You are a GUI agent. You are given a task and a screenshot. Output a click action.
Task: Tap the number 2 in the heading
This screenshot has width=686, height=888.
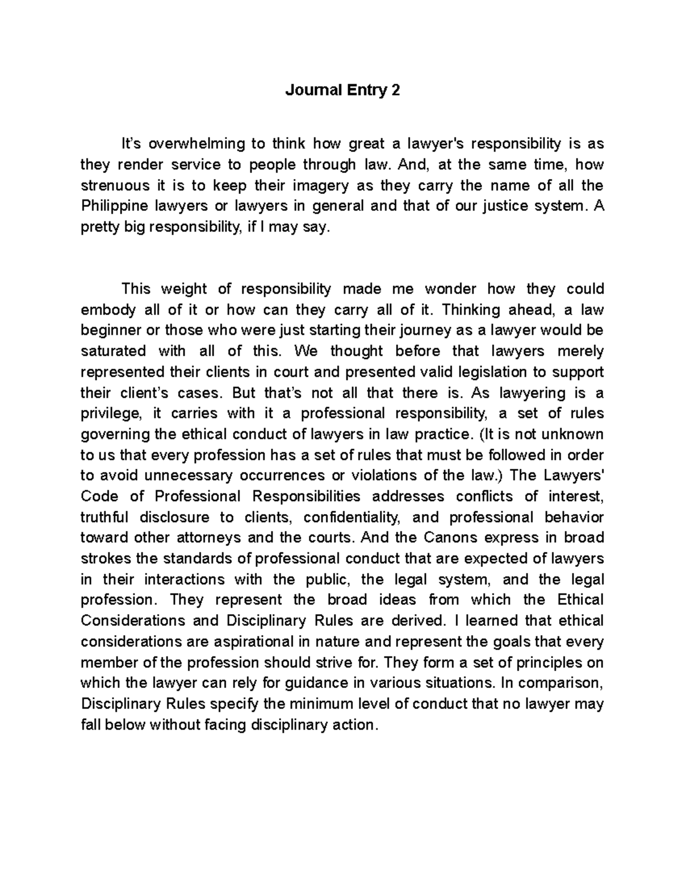tap(396, 90)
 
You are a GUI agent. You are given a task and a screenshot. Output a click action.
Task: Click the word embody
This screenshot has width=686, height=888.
tap(108, 310)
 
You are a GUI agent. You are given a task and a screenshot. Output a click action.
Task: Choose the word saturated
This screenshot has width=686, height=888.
tap(113, 351)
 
